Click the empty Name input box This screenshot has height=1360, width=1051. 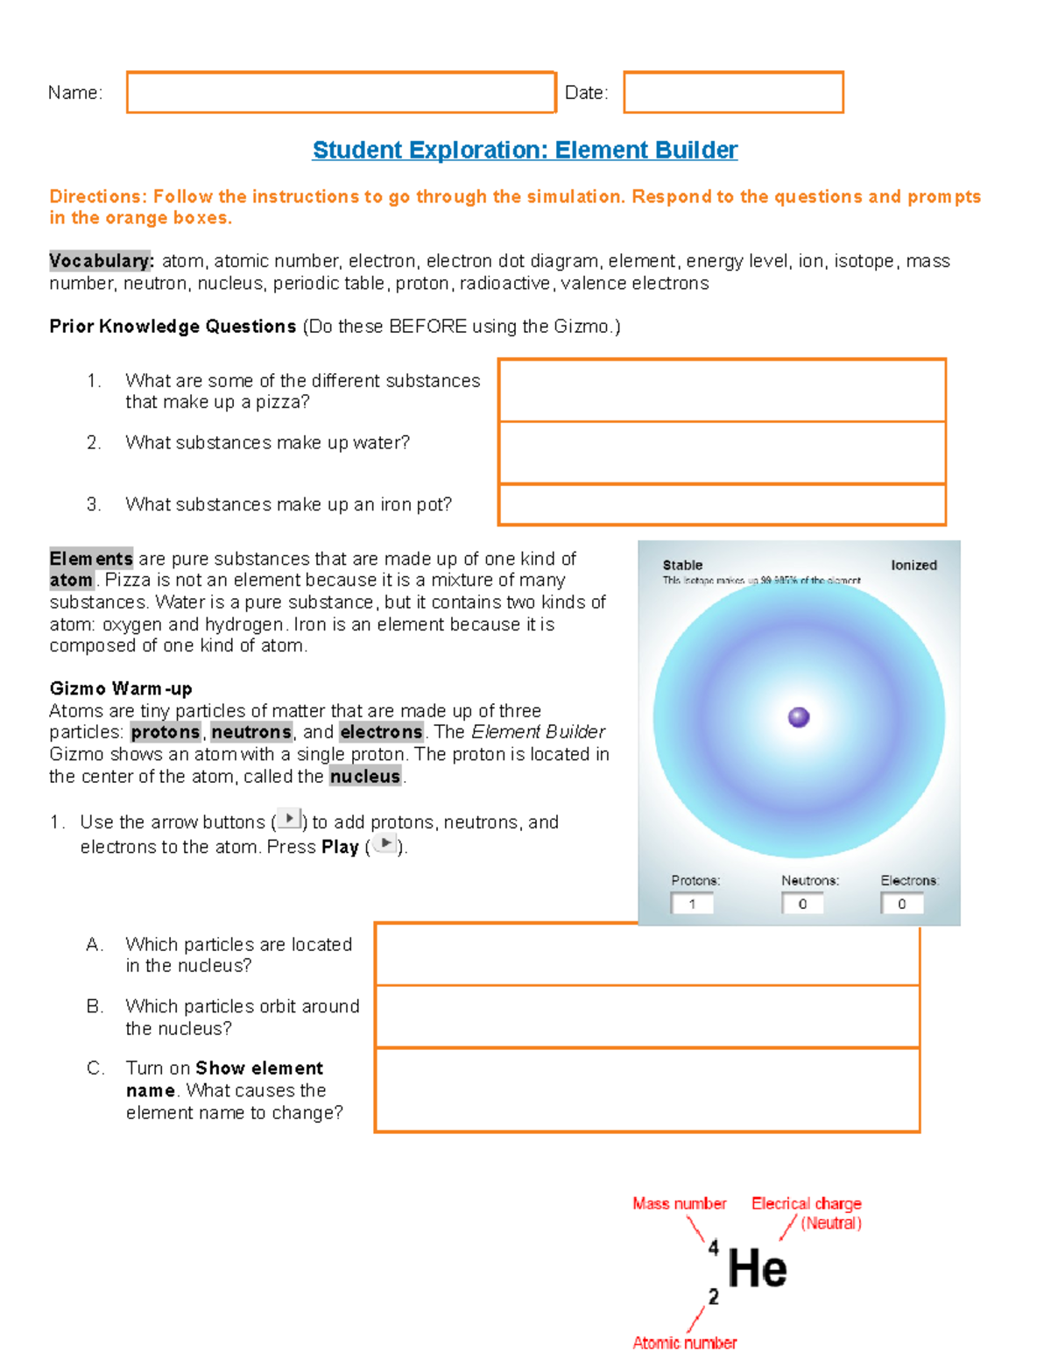click(x=341, y=93)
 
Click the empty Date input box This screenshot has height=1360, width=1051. click(x=733, y=93)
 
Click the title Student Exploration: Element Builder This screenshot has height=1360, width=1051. click(x=525, y=151)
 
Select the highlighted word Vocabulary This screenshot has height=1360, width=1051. click(x=101, y=261)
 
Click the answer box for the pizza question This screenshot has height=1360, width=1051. click(x=722, y=391)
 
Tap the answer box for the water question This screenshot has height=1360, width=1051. click(x=722, y=453)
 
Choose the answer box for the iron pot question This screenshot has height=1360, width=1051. click(x=722, y=504)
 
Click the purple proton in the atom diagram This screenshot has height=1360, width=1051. click(x=799, y=717)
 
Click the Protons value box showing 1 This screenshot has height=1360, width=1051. click(x=692, y=904)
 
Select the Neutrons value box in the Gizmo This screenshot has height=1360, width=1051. click(x=802, y=904)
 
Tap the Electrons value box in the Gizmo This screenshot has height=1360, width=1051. click(x=902, y=904)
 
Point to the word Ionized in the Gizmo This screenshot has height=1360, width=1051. click(x=913, y=566)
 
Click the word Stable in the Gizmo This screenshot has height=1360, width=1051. click(x=682, y=566)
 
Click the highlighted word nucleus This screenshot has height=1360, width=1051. click(x=364, y=777)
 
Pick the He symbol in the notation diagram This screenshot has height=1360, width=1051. click(x=758, y=1269)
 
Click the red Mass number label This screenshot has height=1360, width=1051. click(x=679, y=1204)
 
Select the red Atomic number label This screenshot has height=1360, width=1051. click(x=684, y=1342)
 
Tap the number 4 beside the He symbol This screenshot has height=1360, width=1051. click(x=713, y=1247)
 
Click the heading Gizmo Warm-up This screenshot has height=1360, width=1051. click(x=121, y=688)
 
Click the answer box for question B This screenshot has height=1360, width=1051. click(x=647, y=1017)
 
